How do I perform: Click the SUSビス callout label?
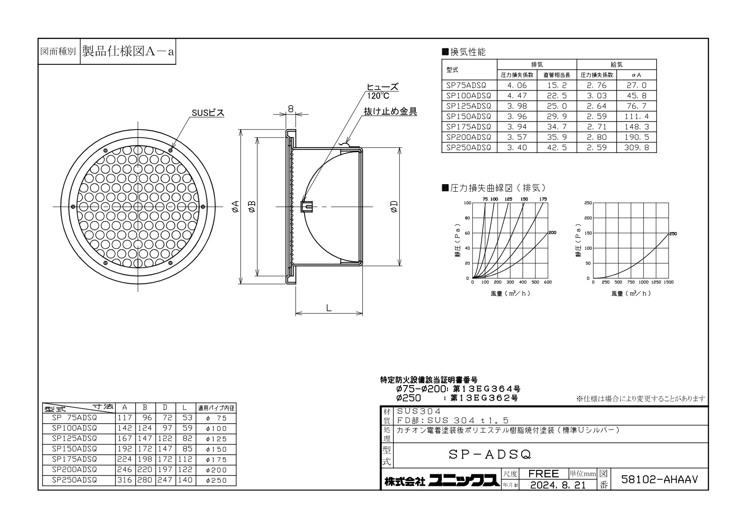coord(208,113)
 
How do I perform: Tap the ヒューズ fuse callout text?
coord(382,87)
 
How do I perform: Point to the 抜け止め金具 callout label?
coord(390,111)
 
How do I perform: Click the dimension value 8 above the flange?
coord(291,109)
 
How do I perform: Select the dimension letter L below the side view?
coord(329,308)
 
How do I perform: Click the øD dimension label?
coord(394,206)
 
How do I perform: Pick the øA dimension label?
coord(236,206)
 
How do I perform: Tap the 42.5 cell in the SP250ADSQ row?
coord(557,147)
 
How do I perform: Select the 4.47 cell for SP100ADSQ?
coord(517,96)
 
